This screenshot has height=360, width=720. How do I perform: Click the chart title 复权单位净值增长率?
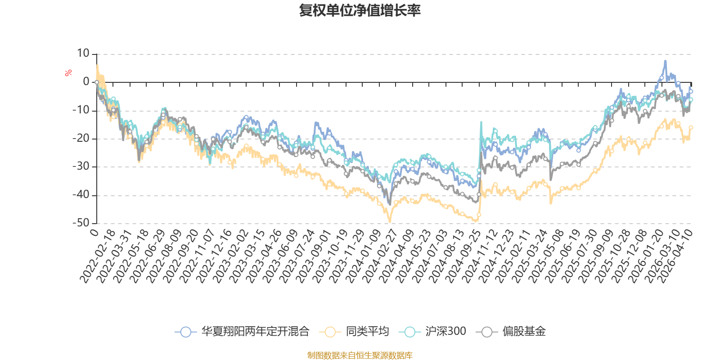coord(360,10)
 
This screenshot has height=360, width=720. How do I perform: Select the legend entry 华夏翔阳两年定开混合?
coord(242,331)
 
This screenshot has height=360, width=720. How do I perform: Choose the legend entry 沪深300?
coord(432,331)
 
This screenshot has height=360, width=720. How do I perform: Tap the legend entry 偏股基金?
coord(511,331)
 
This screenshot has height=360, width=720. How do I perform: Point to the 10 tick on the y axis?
coord(83,54)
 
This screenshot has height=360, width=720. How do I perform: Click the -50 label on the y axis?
coord(81,223)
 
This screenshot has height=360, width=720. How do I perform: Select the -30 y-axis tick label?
coord(81,166)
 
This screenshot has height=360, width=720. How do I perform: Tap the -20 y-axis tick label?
coord(81,138)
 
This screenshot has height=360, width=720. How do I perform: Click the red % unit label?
coord(68,73)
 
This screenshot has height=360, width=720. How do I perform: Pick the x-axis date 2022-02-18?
coord(97,256)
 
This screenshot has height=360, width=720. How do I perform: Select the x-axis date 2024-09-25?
coord(463,256)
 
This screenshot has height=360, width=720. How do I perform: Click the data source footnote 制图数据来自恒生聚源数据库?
coord(360,355)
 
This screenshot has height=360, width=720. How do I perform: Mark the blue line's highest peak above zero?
coord(665,61)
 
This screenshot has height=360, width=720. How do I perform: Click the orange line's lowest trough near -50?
coord(390,221)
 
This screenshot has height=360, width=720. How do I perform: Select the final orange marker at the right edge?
coord(691,128)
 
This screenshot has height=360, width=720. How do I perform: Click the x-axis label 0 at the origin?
coord(94,232)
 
